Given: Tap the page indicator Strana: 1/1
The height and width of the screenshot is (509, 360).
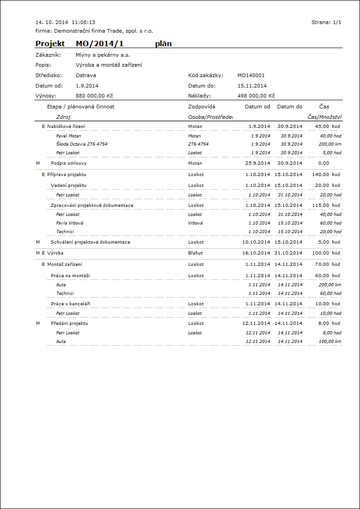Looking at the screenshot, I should coord(326,22).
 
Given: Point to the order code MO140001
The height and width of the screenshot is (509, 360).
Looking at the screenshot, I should coord(251,75).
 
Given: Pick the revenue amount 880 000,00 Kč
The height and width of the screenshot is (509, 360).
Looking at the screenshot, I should coord(94,96).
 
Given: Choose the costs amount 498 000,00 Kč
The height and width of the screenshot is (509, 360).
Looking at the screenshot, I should coord(256,96).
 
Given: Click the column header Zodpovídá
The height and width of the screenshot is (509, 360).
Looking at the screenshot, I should coord(201,107).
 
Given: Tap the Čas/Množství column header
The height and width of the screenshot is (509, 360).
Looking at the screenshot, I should coord(324,117).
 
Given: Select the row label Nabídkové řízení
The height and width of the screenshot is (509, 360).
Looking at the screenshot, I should coord(66,127).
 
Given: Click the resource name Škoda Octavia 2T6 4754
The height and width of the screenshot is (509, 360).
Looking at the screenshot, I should coord(82,144).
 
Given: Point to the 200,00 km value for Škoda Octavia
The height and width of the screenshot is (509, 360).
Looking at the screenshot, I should coord(329,144).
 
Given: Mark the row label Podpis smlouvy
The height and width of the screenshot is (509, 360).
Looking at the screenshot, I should coord(69,163).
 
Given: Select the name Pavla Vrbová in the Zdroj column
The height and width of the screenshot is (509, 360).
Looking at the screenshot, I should coord(69,223).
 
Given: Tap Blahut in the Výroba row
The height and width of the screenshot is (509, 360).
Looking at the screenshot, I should coord(195,253).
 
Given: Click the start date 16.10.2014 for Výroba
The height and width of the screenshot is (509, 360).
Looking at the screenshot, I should coord(256,253).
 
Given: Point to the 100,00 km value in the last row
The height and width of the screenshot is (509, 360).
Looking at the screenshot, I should coord(329,341).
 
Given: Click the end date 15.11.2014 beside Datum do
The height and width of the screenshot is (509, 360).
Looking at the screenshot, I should coord(252,86).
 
